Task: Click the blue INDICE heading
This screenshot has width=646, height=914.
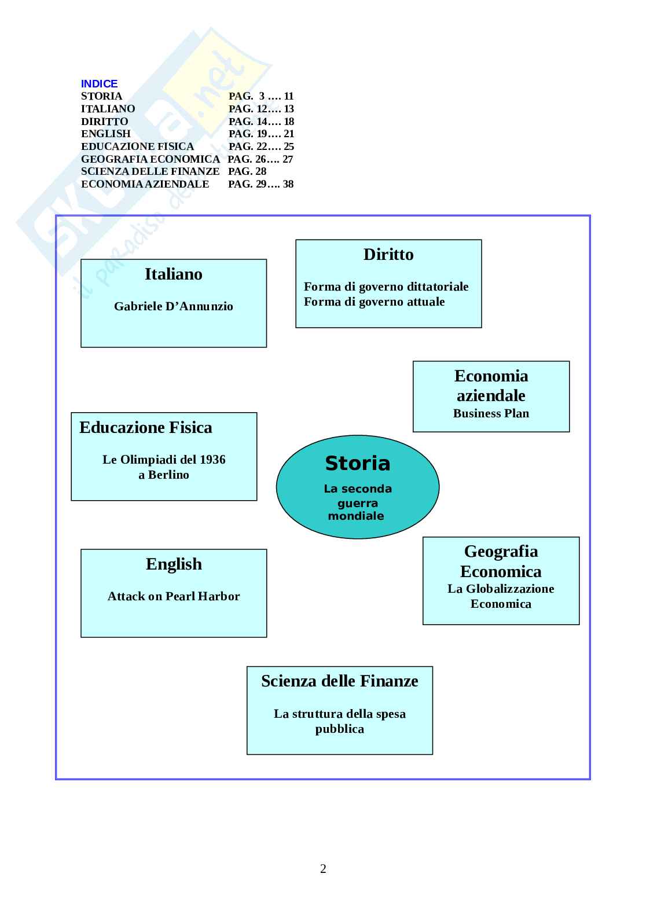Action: click(99, 84)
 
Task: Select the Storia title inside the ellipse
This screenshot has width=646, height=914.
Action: click(357, 464)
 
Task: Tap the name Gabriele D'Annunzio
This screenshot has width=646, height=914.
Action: click(173, 306)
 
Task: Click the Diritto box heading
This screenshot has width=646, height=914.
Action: click(388, 255)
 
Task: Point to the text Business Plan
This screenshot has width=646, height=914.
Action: click(491, 413)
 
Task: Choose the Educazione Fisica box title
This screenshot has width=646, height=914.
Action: click(146, 428)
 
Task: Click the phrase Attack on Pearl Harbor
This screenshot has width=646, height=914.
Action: click(174, 596)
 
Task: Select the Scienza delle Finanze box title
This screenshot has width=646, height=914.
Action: click(339, 681)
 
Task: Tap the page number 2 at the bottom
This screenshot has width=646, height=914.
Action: click(323, 868)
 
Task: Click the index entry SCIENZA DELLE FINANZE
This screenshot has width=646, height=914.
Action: click(150, 171)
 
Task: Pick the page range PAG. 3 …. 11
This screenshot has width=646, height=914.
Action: click(261, 96)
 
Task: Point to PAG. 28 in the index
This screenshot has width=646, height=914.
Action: click(247, 171)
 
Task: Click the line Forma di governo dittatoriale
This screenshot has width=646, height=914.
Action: click(386, 287)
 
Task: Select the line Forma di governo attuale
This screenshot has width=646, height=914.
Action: click(374, 302)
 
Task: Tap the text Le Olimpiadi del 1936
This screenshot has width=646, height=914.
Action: click(164, 460)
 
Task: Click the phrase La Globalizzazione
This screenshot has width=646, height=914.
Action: click(501, 589)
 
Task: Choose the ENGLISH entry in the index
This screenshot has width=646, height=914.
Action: click(106, 134)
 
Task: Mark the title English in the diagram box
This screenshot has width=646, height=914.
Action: click(174, 564)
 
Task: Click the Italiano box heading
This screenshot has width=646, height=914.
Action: click(173, 274)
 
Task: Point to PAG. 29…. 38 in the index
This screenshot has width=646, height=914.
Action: click(261, 184)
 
